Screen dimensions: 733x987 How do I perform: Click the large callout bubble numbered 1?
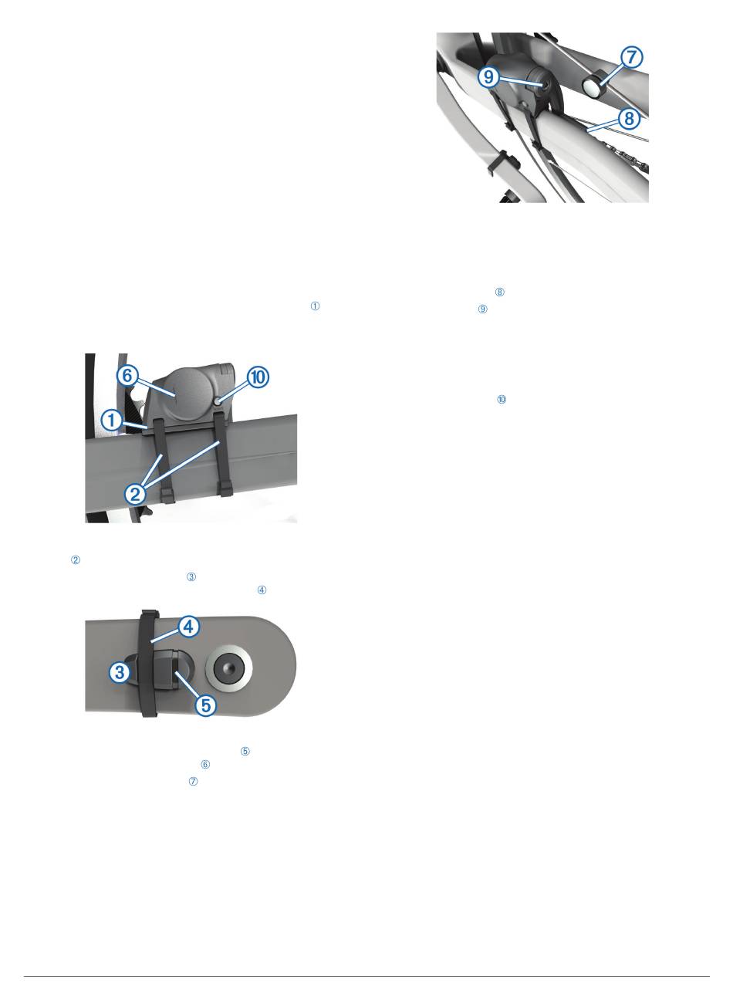pyautogui.click(x=112, y=420)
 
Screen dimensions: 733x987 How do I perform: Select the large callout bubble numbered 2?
pyautogui.click(x=135, y=494)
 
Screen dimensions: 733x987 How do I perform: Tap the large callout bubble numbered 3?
pyautogui.click(x=120, y=671)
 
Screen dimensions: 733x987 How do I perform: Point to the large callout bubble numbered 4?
pyautogui.click(x=189, y=627)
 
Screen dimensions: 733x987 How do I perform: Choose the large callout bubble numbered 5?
pyautogui.click(x=206, y=705)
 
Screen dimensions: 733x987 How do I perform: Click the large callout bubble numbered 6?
pyautogui.click(x=127, y=376)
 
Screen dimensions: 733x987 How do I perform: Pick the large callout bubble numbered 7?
pyautogui.click(x=631, y=57)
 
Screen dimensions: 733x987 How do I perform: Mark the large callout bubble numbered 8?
pyautogui.click(x=629, y=118)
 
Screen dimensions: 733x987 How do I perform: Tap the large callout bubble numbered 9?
pyautogui.click(x=488, y=77)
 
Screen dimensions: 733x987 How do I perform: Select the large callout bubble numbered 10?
pyautogui.click(x=258, y=377)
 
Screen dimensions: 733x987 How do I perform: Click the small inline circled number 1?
pyautogui.click(x=315, y=306)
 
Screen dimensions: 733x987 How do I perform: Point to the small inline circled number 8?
pyautogui.click(x=499, y=292)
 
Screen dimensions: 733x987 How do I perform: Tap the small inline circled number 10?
pyautogui.click(x=501, y=399)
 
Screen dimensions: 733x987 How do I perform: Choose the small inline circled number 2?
pyautogui.click(x=76, y=559)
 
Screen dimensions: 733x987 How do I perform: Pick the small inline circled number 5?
pyautogui.click(x=245, y=751)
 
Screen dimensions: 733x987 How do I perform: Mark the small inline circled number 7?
pyautogui.click(x=193, y=781)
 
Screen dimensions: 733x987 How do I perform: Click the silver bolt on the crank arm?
pyautogui.click(x=228, y=668)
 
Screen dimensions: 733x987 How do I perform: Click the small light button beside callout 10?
pyautogui.click(x=217, y=401)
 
